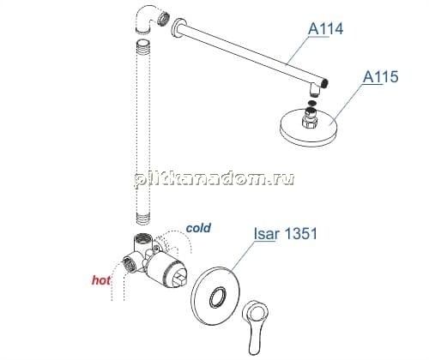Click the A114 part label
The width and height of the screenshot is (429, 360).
[325, 29]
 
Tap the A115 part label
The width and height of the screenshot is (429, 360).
[380, 76]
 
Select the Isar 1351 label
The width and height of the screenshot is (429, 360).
[286, 234]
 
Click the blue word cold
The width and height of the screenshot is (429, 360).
[198, 228]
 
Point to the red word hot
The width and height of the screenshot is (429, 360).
[101, 280]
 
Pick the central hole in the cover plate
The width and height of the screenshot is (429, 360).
[218, 297]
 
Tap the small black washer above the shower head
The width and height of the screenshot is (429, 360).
[312, 103]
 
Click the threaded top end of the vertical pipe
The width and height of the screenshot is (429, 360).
[142, 47]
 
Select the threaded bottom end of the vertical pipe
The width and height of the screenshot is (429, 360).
[142, 219]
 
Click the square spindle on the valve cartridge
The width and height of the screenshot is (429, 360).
[179, 280]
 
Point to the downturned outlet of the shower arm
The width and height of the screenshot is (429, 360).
[315, 89]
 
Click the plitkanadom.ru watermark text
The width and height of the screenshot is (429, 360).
[214, 180]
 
